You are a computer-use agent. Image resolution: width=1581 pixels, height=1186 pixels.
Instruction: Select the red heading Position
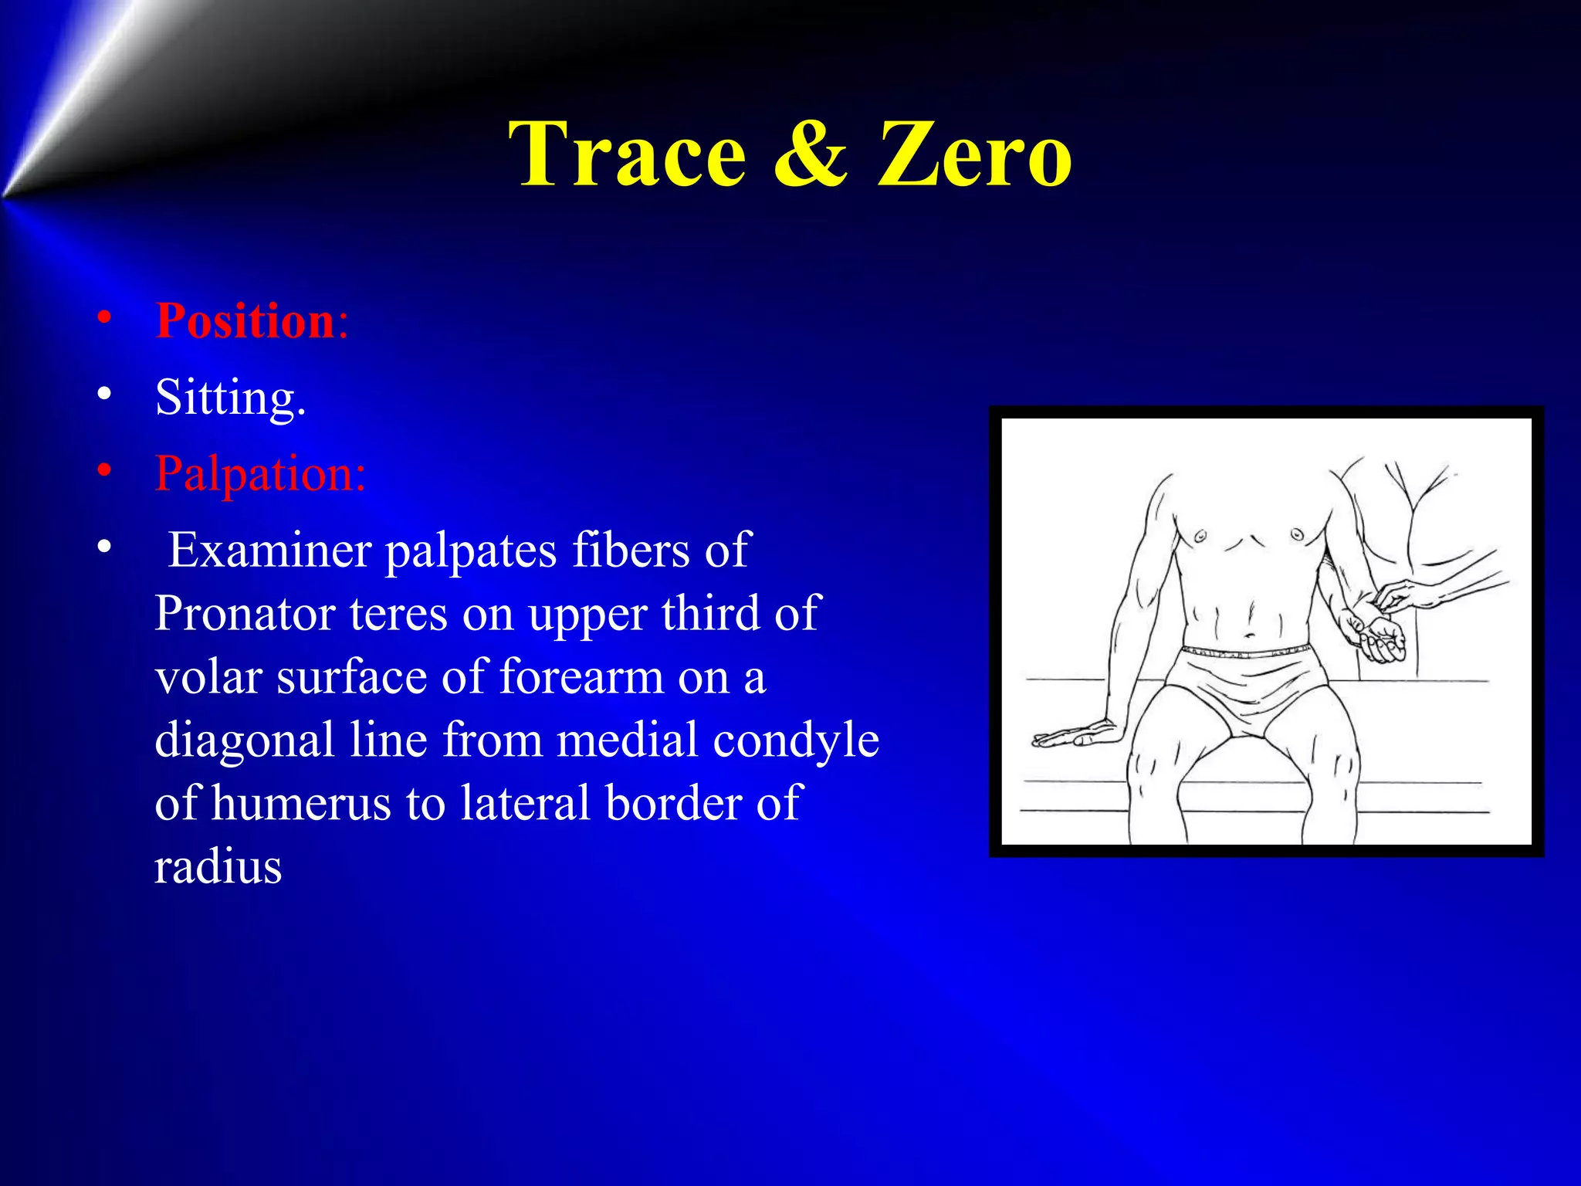[x=245, y=320]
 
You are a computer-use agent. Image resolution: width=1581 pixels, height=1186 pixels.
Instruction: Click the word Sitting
[x=230, y=398]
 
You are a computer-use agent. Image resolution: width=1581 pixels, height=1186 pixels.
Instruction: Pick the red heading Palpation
[x=259, y=473]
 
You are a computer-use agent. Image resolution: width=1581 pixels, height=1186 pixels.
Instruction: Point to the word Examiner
[x=270, y=551]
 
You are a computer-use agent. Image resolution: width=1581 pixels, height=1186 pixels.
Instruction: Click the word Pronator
[x=244, y=614]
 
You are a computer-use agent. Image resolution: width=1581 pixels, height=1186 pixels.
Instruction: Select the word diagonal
[x=244, y=740]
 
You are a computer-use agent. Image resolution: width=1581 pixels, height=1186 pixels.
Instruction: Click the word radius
[x=218, y=866]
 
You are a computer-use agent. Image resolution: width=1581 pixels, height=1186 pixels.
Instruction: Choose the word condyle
[x=795, y=740]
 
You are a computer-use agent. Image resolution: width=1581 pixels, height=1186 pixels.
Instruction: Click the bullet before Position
[x=104, y=318]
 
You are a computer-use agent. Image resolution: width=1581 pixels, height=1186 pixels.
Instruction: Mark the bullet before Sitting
[x=104, y=395]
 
